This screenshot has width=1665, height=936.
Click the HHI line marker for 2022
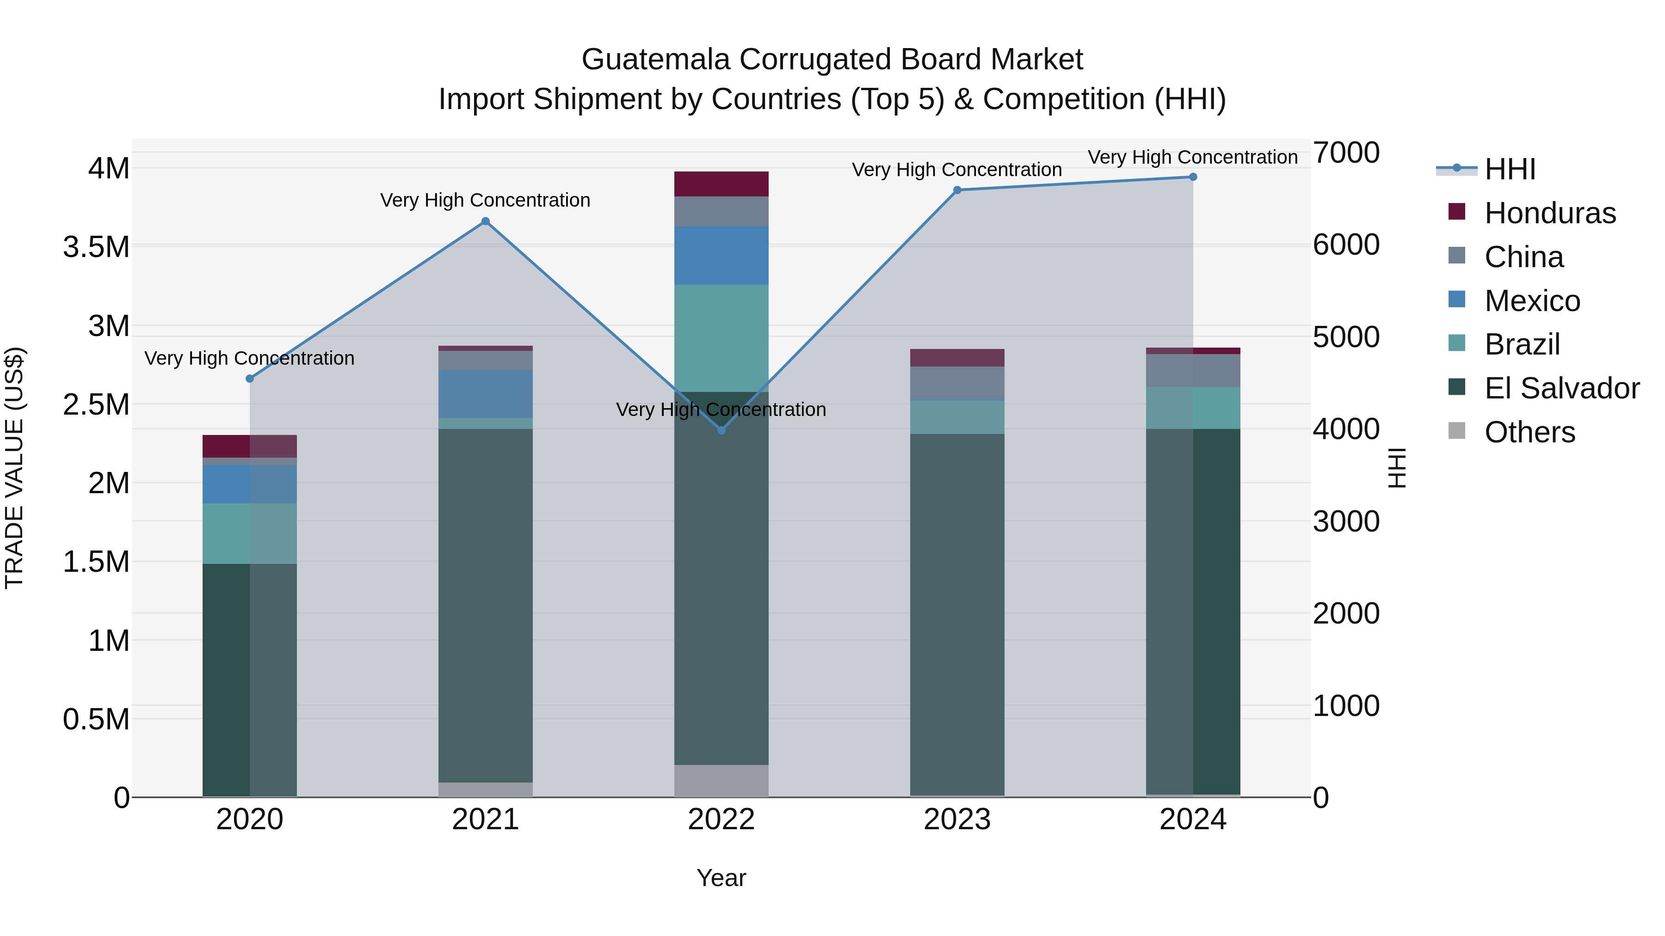[x=721, y=430]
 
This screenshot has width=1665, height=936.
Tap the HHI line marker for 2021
[x=486, y=221]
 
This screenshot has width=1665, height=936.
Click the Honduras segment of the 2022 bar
[x=721, y=184]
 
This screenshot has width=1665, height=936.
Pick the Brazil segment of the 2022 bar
[x=721, y=338]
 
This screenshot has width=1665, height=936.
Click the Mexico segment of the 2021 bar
[x=486, y=393]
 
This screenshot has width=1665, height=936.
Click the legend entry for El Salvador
[x=1561, y=388]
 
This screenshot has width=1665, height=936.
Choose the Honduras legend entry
[x=1550, y=213]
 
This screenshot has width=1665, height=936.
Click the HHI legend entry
[x=1510, y=169]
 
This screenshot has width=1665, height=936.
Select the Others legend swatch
[x=1457, y=431]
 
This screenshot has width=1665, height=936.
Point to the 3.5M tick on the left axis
[x=96, y=247]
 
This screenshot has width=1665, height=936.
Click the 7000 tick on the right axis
[x=1346, y=153]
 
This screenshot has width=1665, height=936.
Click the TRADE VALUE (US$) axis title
[x=14, y=468]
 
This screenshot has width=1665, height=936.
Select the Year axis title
[x=721, y=878]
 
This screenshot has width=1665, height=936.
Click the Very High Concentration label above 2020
[x=249, y=358]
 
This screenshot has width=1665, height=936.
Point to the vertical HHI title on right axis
[x=1397, y=468]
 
